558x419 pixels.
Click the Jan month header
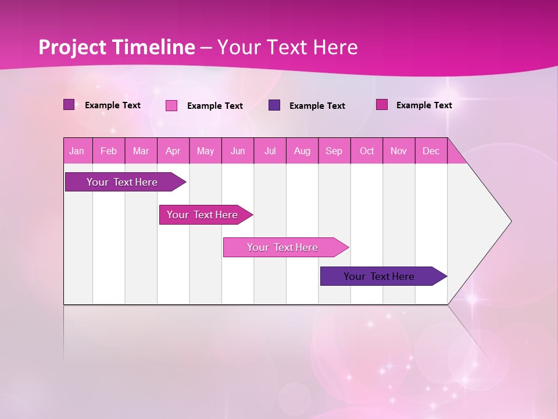(x=77, y=151)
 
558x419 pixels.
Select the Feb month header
(x=109, y=151)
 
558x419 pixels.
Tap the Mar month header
(x=141, y=151)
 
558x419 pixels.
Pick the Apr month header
(x=173, y=151)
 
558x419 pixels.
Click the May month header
(x=205, y=151)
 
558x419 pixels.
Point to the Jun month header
(x=238, y=151)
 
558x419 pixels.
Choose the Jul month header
(x=270, y=151)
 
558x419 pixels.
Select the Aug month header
(x=302, y=151)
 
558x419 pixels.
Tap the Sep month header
(x=334, y=151)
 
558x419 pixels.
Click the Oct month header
(x=367, y=151)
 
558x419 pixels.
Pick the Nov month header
(x=399, y=151)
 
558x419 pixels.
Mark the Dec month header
(x=431, y=151)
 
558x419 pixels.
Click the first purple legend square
(x=69, y=105)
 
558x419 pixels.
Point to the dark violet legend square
(x=274, y=105)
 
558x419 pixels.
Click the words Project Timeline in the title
(x=116, y=47)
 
